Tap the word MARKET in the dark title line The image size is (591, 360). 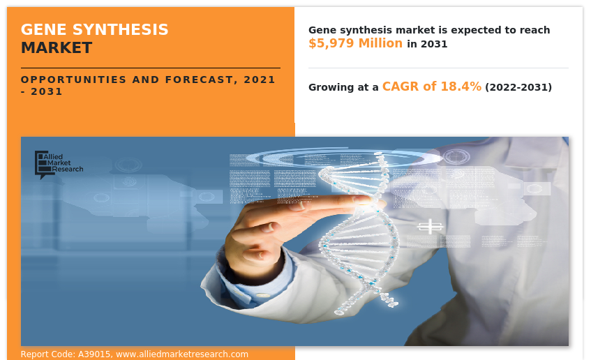[x=56, y=48]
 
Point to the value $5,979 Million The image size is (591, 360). [x=355, y=43]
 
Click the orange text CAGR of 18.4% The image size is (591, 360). [x=431, y=87]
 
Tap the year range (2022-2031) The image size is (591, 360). [x=518, y=87]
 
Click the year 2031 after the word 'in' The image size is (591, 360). [x=434, y=44]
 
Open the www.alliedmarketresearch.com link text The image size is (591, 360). [x=182, y=354]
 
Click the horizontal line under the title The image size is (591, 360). [x=150, y=68]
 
